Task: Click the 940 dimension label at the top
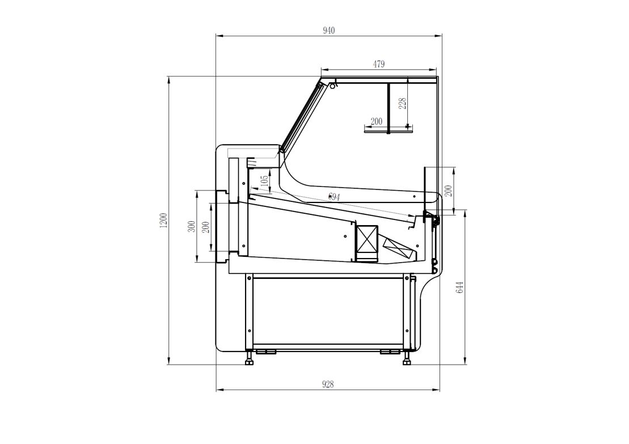tap(328, 31)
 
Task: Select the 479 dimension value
tap(379, 64)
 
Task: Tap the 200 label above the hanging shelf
tap(376, 121)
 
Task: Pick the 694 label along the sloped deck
tap(334, 197)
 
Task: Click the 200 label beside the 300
tap(206, 228)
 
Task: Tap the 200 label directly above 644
tap(449, 191)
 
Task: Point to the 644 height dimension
tap(460, 287)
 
